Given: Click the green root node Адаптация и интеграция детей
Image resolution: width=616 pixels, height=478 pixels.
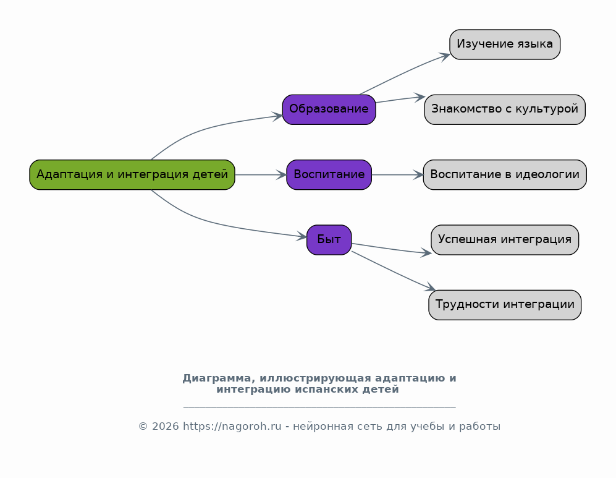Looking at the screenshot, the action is click(x=132, y=174).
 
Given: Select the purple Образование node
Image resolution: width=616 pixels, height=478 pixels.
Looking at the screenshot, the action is click(x=329, y=109).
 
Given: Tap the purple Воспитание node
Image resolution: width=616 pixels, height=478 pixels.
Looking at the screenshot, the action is click(x=329, y=174).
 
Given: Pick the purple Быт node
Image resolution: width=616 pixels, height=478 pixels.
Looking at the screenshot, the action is click(x=329, y=240).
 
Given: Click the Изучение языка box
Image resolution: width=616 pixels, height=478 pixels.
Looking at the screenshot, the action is click(x=505, y=45).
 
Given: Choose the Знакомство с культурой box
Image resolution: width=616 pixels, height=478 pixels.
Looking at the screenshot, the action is click(x=505, y=109).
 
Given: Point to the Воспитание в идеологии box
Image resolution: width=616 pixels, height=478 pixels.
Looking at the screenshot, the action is click(x=505, y=174).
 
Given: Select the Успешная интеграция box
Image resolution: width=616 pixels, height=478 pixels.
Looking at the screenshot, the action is click(x=505, y=240).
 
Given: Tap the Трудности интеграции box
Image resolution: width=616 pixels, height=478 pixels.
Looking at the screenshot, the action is click(x=505, y=305).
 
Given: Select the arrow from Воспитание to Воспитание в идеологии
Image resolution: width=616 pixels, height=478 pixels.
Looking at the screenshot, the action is click(x=397, y=174).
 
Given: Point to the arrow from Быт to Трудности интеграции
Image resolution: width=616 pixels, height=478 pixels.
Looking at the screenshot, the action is click(x=393, y=272).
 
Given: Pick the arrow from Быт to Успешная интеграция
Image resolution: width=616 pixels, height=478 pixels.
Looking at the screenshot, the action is click(x=392, y=249).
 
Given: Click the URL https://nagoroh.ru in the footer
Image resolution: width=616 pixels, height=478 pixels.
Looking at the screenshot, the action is click(x=232, y=427).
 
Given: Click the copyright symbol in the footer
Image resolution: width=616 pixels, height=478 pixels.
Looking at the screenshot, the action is click(x=143, y=427).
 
